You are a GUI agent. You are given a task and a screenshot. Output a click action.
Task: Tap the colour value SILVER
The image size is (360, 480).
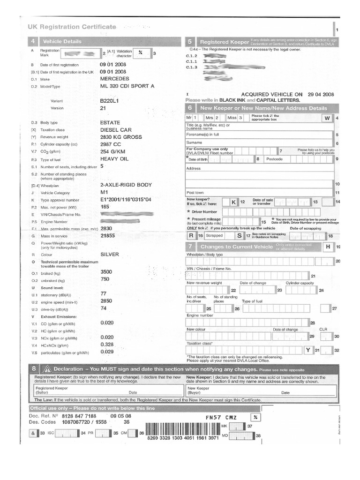[110, 255]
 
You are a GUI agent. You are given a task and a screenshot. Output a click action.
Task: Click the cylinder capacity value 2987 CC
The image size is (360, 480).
[111, 145]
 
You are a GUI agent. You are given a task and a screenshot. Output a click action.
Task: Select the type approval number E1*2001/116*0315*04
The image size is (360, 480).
[126, 200]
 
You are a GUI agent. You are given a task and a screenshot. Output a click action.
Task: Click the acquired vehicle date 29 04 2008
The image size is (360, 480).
[321, 94]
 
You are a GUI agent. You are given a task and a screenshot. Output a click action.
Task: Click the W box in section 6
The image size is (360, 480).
[328, 118]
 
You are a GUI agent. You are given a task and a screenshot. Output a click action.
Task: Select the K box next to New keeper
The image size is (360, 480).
[234, 202]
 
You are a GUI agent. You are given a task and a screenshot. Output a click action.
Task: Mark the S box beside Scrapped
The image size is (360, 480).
[239, 236]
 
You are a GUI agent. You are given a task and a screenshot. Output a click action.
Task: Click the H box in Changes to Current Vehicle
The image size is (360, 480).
[328, 247]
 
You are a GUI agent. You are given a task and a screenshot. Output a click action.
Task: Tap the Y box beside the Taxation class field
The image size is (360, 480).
[308, 350]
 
